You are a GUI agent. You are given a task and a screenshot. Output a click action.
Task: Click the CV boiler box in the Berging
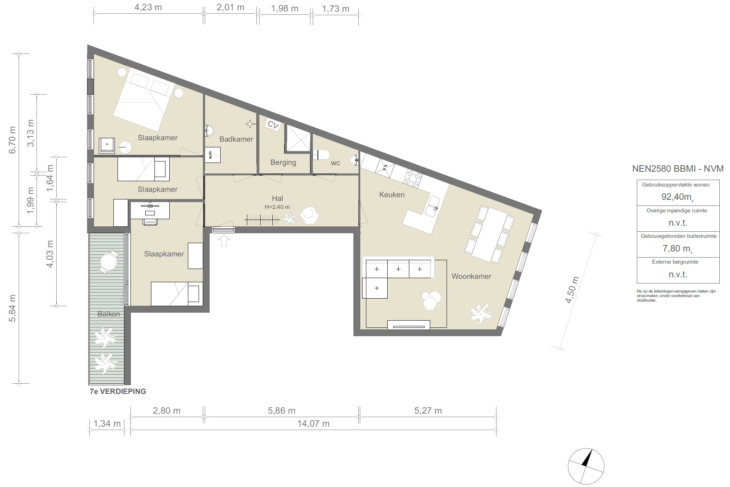(273, 125)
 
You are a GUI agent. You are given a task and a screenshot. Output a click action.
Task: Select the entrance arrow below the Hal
(224, 241)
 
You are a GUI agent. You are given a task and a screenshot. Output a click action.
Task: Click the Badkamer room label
(236, 139)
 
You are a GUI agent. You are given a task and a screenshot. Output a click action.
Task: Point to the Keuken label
(392, 195)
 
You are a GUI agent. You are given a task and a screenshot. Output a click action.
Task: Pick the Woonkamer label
(471, 277)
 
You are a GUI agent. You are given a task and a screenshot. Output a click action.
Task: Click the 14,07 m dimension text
(313, 424)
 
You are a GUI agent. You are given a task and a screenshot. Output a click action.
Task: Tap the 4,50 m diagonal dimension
(572, 290)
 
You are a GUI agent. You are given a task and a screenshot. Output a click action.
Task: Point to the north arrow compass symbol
(586, 466)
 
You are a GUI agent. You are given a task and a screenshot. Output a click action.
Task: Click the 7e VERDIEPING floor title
(118, 392)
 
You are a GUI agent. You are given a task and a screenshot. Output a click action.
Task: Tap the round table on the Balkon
(109, 262)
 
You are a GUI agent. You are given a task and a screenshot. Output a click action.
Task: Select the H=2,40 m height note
(277, 207)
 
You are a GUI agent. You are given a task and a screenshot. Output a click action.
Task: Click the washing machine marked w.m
(213, 155)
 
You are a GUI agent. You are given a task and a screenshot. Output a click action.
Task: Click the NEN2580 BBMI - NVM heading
(678, 169)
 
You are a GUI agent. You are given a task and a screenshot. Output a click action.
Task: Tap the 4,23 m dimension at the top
(148, 8)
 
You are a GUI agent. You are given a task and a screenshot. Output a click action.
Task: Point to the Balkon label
(109, 314)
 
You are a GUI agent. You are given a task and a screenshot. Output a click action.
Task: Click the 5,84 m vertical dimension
(12, 308)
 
